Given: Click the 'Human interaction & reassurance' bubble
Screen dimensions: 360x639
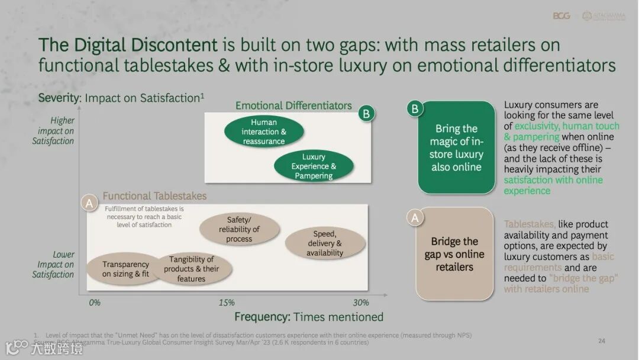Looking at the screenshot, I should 263,132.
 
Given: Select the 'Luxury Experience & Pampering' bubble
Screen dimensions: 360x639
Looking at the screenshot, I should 314,166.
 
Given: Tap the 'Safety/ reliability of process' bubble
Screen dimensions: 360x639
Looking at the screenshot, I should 239,229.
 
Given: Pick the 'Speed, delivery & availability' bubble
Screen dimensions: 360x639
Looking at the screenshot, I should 324,243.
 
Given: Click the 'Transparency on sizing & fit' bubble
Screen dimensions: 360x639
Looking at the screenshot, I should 125,269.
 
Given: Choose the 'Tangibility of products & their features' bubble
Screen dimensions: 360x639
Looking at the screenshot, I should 191,269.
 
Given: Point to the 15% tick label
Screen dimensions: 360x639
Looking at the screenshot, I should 227,303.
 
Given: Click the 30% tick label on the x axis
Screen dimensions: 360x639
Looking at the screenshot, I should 361,303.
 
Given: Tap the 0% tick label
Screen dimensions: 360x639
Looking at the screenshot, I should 95,303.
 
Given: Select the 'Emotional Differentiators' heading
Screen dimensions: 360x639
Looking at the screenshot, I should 293,106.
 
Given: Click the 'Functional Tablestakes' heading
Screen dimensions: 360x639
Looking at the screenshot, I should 154,196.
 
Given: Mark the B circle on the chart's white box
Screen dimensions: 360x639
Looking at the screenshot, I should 367,114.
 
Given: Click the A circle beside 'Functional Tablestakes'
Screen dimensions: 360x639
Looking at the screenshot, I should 89,203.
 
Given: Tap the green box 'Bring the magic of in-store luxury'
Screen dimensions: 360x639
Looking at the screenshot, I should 456,148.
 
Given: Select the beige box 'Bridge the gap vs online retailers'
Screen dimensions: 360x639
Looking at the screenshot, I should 454,254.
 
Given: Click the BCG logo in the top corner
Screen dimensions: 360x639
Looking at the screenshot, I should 561,16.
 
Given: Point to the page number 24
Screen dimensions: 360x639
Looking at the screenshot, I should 602,341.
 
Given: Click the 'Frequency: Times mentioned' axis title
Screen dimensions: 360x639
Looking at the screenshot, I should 309,317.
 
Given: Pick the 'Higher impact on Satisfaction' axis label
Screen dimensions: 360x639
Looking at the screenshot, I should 54,131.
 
